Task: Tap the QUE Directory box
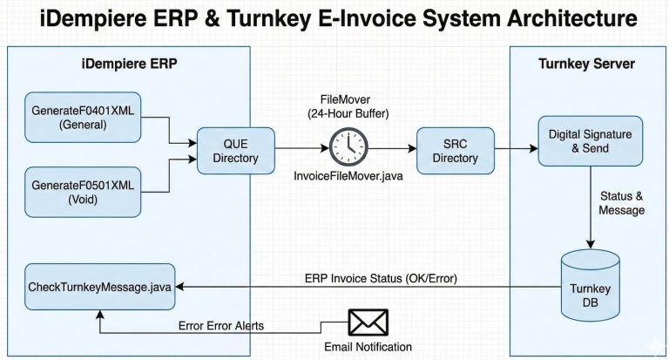click(234, 150)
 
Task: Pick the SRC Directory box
click(455, 150)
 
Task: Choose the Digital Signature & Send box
click(590, 142)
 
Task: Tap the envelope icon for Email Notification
click(367, 323)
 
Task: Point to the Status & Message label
click(620, 202)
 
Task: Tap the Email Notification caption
click(368, 347)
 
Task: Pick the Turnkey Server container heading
click(588, 63)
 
